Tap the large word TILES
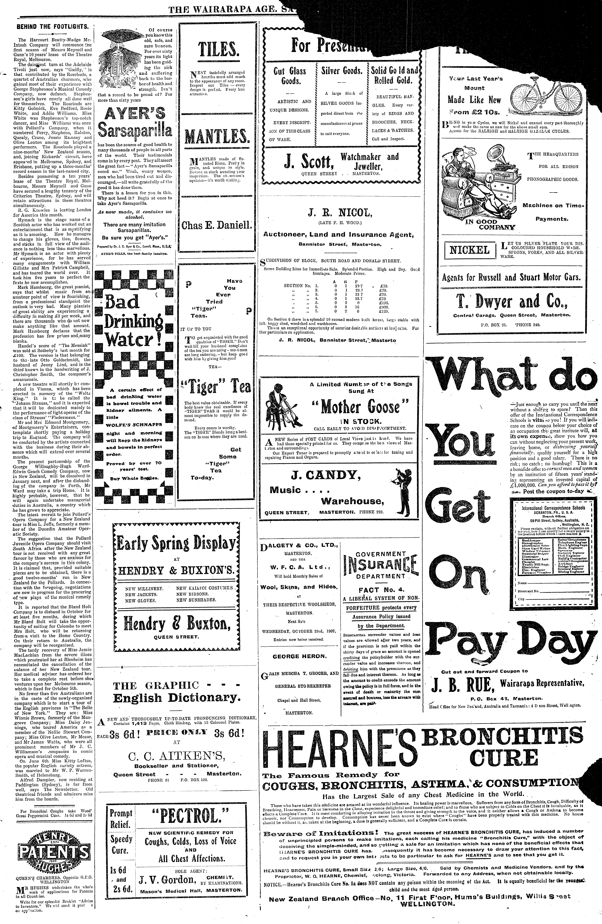coord(218,50)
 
